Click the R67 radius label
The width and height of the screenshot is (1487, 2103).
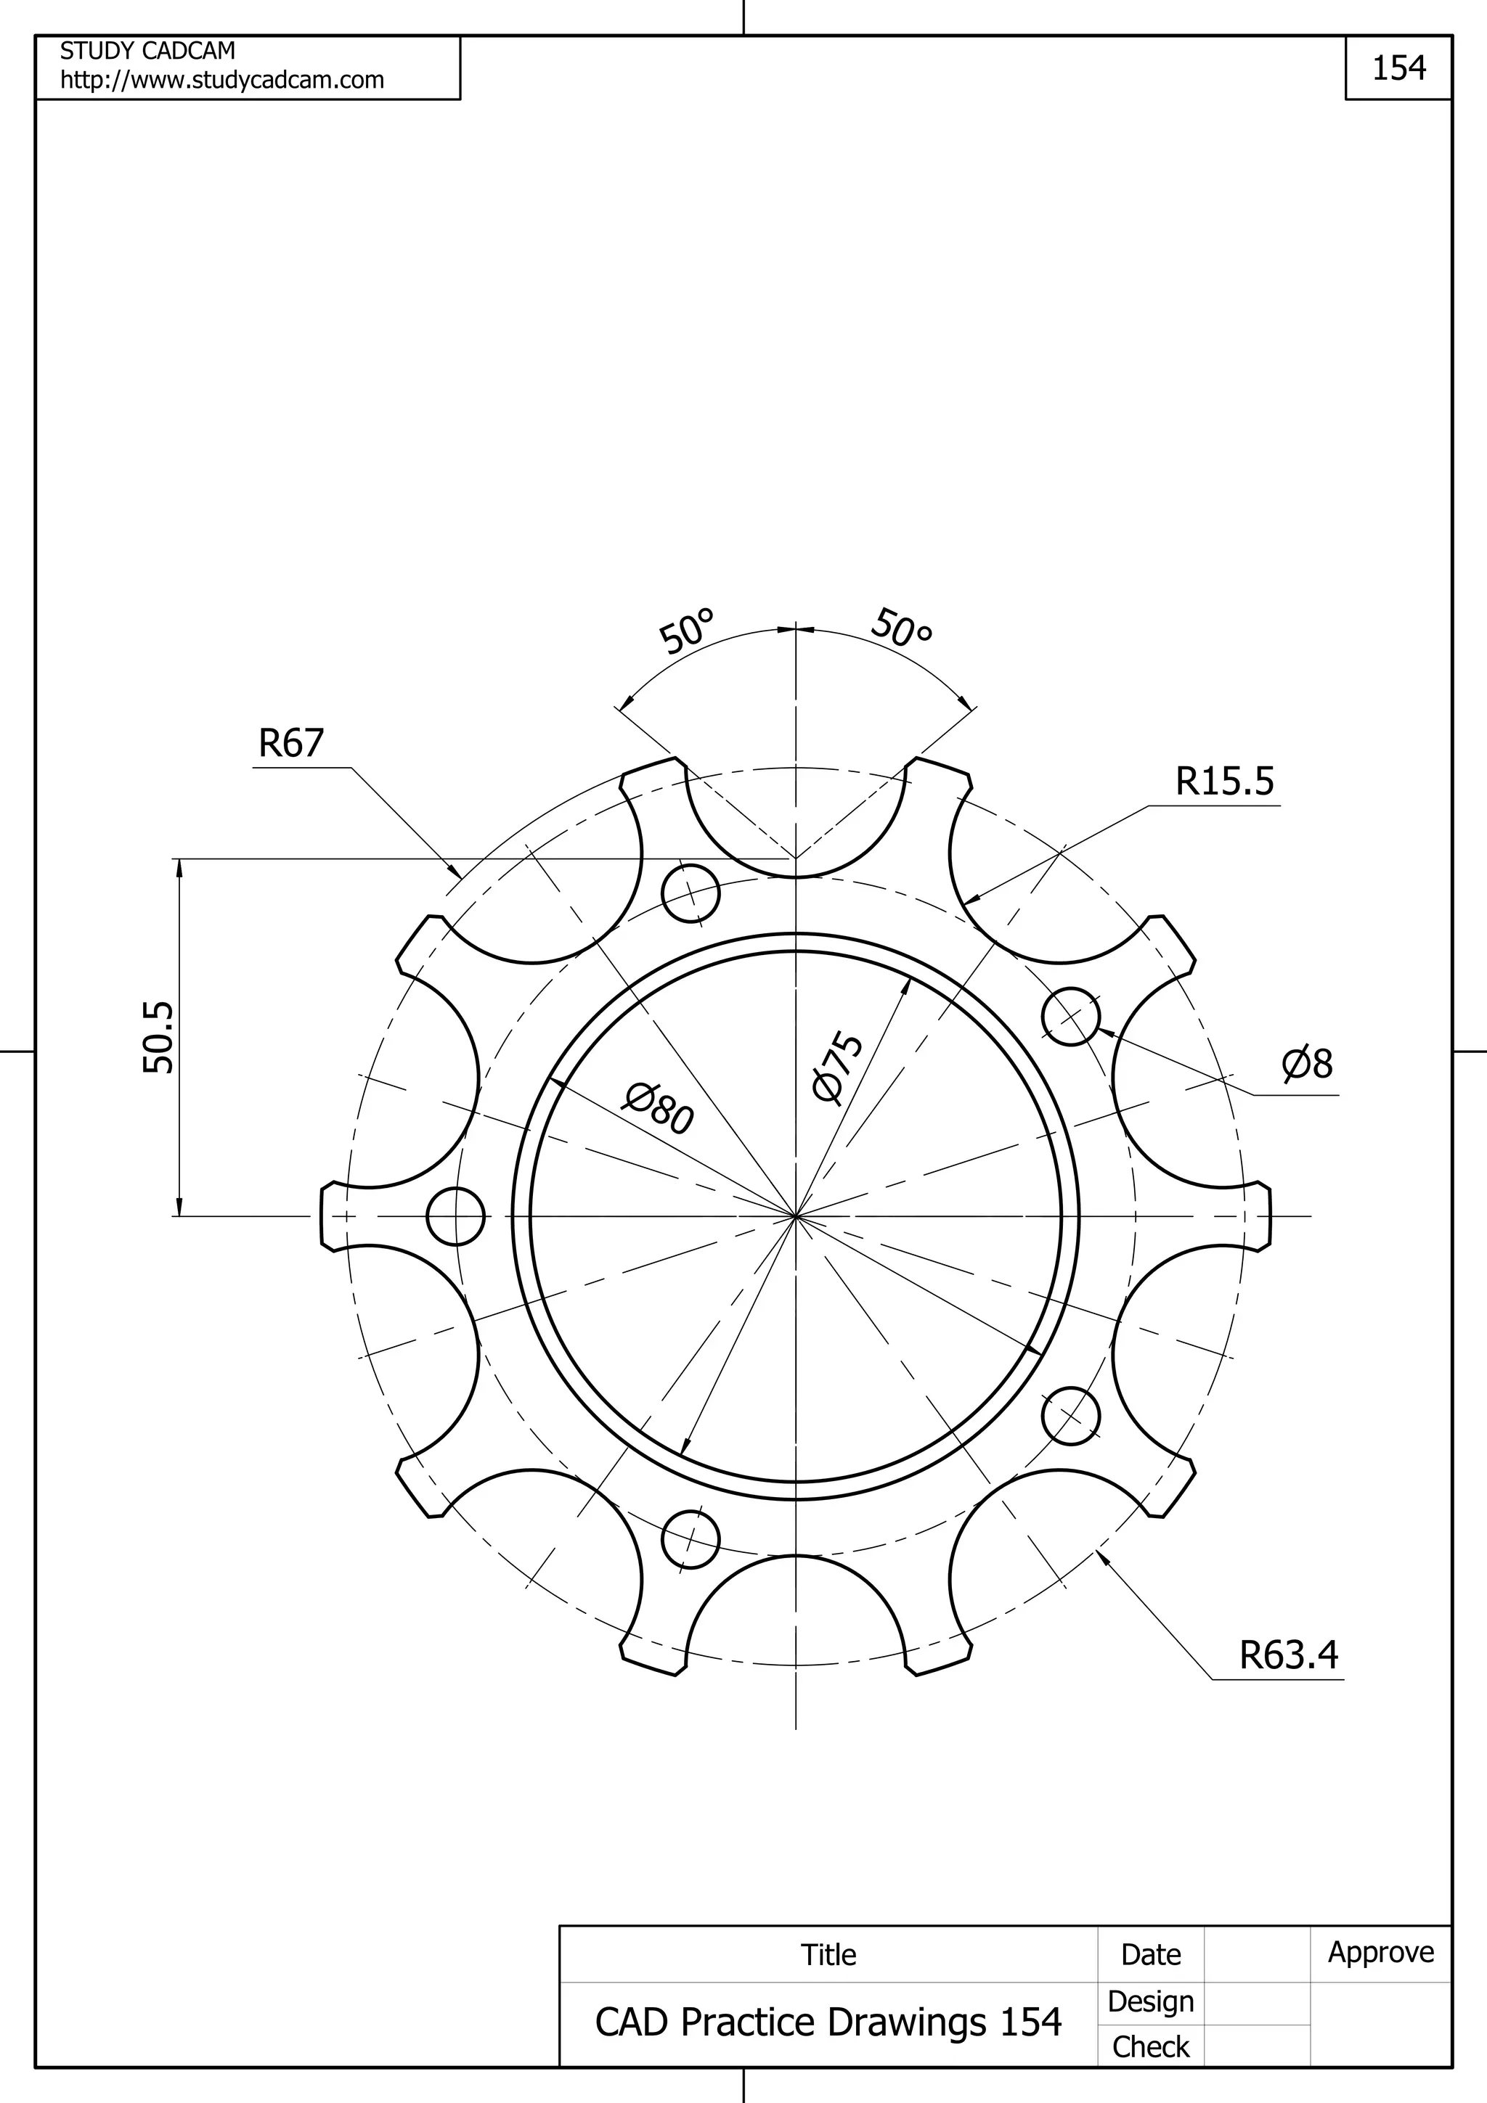pos(291,743)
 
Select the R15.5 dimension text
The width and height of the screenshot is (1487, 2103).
pos(1224,782)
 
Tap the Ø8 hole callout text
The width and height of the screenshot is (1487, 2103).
pos(1308,1065)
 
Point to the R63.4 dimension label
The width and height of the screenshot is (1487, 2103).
pos(1288,1655)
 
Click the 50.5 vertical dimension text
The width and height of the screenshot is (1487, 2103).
pos(158,1038)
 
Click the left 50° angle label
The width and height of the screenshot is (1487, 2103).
pos(686,631)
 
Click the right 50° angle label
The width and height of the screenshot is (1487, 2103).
pos(903,628)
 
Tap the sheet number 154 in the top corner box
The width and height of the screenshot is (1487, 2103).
pos(1398,67)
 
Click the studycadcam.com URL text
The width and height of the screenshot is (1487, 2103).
pos(221,81)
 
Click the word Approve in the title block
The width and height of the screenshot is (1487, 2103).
pos(1381,1952)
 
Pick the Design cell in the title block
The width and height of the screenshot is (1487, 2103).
pos(1150,2001)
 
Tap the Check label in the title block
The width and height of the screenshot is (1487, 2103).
pos(1150,2046)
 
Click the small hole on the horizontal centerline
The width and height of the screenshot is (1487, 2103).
pos(455,1216)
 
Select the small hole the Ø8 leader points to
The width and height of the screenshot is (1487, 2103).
pos(1071,1017)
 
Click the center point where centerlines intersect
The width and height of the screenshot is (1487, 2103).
pos(795,1216)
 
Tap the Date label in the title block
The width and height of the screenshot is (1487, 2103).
pos(1150,1955)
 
